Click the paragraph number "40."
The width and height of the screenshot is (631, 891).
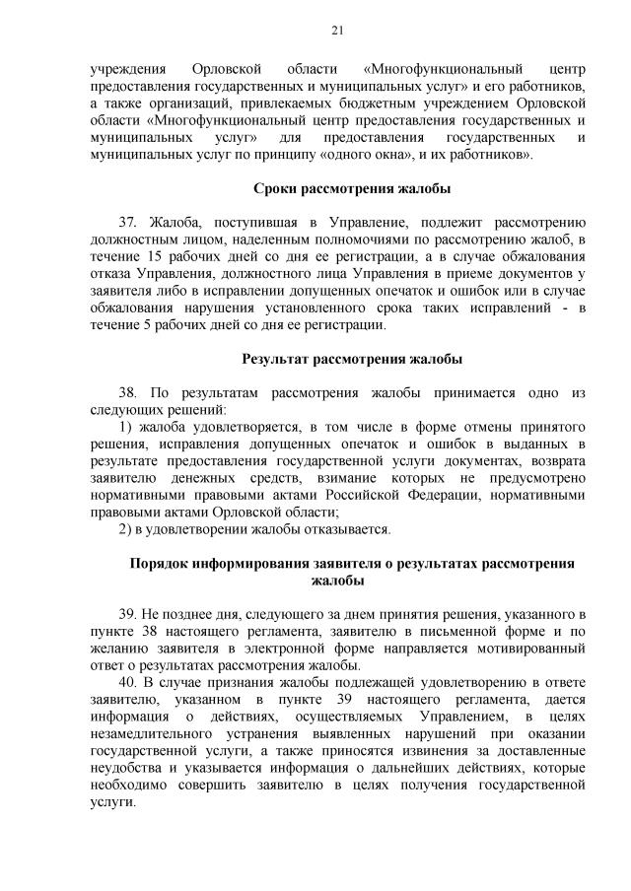click(x=128, y=681)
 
